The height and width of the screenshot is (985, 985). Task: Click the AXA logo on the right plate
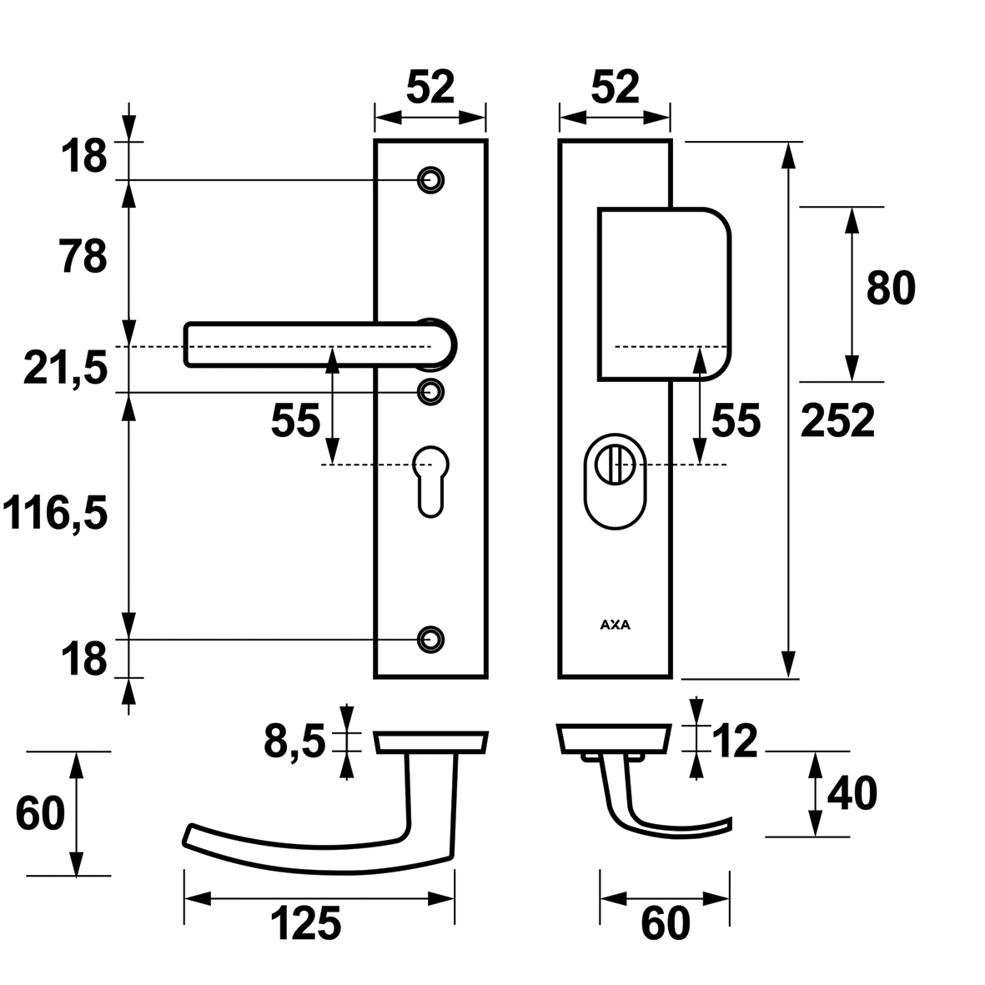pos(615,625)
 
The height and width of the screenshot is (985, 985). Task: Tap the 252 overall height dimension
pos(837,421)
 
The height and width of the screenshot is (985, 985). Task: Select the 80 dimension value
pos(891,289)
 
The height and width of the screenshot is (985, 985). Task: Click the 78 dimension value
pos(83,257)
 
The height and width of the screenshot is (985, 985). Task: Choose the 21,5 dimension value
pos(66,369)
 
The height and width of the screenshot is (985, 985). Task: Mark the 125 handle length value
pos(305,924)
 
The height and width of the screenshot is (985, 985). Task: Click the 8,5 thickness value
pos(294,742)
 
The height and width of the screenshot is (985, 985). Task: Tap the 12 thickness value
pos(735,742)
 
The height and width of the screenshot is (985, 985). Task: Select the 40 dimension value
pos(852,794)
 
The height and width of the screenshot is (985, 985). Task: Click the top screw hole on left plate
pos(430,179)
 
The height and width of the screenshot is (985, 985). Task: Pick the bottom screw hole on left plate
pos(430,639)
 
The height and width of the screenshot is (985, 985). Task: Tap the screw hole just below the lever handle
pos(430,390)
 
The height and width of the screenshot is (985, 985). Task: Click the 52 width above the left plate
pos(430,88)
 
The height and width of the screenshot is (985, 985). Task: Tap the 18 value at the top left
pos(83,157)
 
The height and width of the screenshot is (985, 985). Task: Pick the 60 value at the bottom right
pos(666,924)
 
